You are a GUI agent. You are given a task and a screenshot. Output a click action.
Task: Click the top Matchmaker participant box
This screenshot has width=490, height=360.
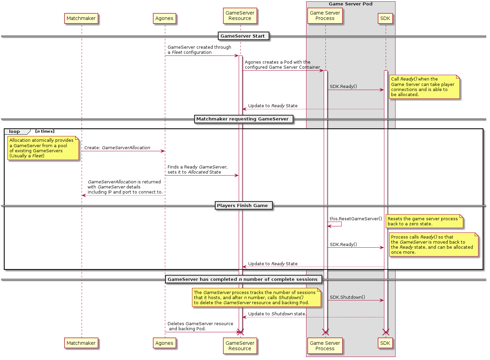point(81,18)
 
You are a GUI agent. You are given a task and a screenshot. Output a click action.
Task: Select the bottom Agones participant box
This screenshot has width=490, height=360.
point(164,343)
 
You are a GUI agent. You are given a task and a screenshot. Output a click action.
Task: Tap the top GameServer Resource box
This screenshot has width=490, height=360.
point(240,16)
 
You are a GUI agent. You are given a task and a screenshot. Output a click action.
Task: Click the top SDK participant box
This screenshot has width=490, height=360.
point(385,18)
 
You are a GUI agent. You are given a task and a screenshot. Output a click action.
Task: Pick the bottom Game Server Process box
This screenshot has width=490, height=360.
point(325,346)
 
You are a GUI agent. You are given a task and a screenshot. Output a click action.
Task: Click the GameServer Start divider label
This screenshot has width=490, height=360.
point(242,36)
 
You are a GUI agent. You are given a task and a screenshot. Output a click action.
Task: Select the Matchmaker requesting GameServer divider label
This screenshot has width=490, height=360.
point(242,119)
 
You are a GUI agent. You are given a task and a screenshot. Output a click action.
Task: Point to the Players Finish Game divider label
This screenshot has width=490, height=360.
point(242,206)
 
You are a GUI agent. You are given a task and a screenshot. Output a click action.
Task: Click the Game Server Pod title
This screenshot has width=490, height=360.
point(350,4)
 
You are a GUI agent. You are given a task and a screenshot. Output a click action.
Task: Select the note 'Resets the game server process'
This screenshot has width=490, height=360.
point(424,221)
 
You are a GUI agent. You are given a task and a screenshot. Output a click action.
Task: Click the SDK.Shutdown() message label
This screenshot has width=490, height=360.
point(347,297)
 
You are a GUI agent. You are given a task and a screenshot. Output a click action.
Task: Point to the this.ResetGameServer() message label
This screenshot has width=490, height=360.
point(356,219)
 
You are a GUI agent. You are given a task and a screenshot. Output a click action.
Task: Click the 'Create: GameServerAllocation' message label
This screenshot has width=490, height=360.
point(117,148)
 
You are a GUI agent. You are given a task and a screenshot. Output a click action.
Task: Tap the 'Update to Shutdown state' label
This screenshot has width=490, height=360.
point(277,314)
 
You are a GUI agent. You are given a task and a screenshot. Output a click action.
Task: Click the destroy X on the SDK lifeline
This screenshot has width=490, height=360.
point(386,332)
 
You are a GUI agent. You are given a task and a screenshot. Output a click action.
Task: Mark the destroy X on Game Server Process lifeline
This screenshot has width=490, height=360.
point(325,332)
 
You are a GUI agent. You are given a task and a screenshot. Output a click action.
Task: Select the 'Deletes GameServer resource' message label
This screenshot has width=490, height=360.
point(200,326)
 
